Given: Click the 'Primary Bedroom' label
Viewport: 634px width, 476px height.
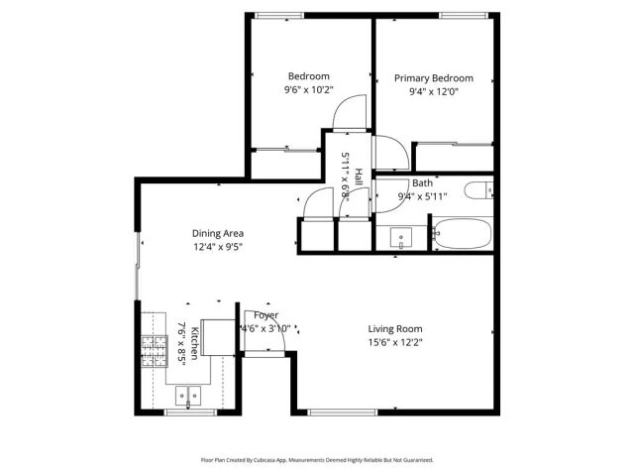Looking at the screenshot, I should click(433, 78).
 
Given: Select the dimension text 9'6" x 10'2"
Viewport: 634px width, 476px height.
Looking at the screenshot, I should click(308, 90).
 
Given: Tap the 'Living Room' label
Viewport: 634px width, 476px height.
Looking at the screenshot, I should click(395, 329).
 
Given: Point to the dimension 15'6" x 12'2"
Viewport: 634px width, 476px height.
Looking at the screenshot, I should click(395, 343).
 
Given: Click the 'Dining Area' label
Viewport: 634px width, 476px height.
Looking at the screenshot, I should click(218, 234).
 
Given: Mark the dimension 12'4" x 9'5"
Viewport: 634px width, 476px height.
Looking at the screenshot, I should click(218, 247).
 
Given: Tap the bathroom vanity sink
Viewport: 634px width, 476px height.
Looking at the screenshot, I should click(400, 238).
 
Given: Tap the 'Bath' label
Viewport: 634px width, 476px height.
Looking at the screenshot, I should click(422, 183).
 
